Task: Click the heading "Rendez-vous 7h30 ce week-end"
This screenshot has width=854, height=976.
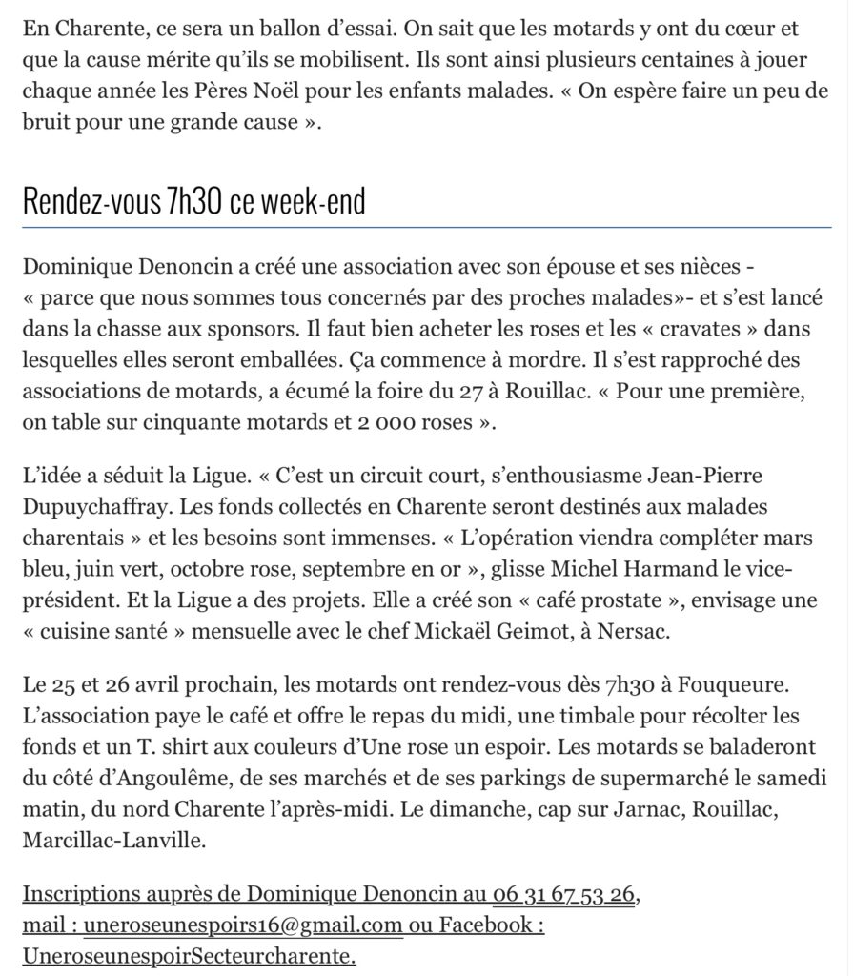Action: [193, 202]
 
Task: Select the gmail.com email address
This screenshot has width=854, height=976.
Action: [244, 925]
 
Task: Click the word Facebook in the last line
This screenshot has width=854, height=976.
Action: [485, 925]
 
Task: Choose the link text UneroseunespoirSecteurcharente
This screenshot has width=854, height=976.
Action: [189, 955]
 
